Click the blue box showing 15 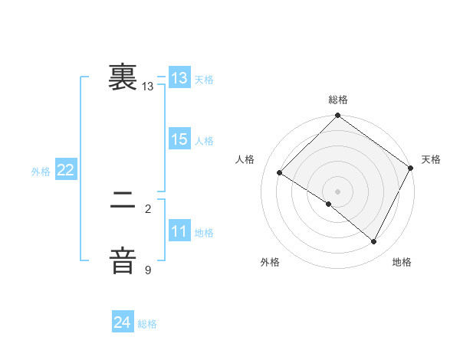179,139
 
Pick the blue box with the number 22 65,170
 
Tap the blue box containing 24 123,322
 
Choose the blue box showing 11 179,231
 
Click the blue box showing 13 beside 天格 179,78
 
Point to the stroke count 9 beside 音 148,270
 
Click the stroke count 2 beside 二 148,208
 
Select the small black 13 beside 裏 148,87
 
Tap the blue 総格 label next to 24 147,324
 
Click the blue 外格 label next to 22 41,172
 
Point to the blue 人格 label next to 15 204,141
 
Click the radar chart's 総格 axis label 338,100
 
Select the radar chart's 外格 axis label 270,262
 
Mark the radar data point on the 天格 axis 411,168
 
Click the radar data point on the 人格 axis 280,173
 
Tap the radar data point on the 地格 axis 374,242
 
